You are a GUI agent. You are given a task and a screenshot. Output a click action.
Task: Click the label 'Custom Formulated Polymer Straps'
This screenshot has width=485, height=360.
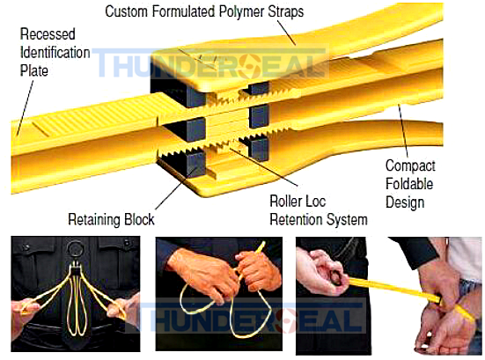pos(204,11)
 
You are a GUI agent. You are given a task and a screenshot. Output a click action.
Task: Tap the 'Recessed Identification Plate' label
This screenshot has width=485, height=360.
pos(55,52)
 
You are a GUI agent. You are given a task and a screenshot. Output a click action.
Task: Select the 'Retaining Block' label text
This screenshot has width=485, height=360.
pos(111,219)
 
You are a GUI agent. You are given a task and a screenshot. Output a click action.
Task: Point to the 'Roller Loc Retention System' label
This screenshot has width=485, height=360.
pos(319,210)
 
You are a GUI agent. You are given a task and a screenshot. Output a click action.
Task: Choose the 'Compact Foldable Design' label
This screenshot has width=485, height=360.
pos(410,184)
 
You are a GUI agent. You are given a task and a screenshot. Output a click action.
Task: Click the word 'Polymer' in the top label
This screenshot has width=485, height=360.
pos(241,11)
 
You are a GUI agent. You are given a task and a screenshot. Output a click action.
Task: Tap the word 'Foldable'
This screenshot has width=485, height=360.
pos(409,184)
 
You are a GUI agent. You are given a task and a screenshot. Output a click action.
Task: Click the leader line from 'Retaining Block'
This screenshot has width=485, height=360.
pos(175,188)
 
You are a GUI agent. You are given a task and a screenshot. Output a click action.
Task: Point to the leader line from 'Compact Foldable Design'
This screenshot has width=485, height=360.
pos(403,131)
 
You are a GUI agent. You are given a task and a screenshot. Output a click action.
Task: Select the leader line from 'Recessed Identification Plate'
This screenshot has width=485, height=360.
pos(25,107)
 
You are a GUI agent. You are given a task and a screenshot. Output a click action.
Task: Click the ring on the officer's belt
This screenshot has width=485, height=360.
pos(75,249)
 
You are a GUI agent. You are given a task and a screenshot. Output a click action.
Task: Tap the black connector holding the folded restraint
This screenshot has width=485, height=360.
pos(76,269)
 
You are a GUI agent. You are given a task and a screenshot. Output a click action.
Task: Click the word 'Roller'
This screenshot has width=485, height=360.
pos(284,201)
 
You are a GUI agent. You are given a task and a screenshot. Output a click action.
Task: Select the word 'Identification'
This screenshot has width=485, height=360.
pos(55,52)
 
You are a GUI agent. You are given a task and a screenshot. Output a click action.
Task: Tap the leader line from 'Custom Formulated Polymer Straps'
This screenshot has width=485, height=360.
pos(286,33)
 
